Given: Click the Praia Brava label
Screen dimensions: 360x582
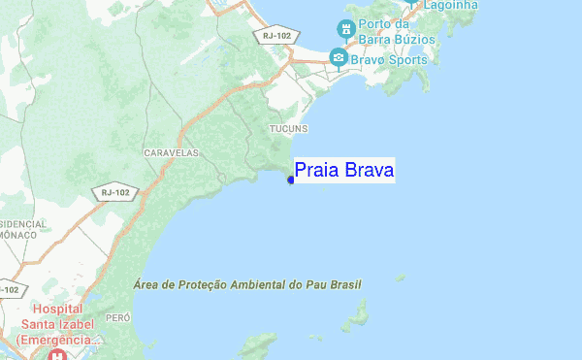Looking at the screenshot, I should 343,171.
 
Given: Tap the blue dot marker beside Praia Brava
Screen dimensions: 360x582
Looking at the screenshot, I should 290,179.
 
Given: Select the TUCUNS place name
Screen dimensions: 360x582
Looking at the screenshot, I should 288,128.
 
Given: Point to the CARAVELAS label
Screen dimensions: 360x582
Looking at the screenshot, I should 171,153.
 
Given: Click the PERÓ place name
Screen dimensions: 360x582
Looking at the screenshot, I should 117,317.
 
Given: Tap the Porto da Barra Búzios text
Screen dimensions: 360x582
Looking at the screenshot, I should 395,34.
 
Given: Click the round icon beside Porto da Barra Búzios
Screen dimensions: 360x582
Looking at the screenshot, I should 344,26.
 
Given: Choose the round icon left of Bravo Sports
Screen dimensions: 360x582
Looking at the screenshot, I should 338,58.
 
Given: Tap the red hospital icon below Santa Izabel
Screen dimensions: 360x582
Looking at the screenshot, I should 58,355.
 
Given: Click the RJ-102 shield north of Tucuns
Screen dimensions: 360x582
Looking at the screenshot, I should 275,36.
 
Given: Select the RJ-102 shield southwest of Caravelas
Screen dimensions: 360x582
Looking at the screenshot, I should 114,193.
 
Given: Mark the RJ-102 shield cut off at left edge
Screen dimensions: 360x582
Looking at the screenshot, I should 8,289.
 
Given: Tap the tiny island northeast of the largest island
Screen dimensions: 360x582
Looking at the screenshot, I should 400,278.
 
